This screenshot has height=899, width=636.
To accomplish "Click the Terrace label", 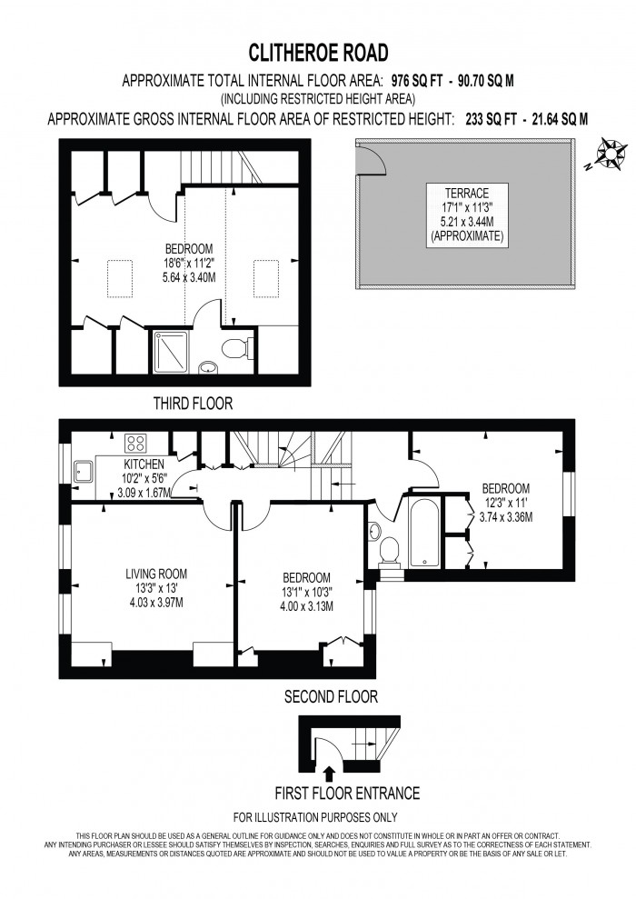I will tap(467, 193).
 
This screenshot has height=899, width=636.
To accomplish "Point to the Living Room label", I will tap(155, 574).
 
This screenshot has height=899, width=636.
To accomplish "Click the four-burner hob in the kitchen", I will tap(136, 444).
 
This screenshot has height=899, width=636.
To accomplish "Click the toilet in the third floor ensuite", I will tap(238, 348).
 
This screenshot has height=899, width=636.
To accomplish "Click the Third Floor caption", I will tap(193, 403).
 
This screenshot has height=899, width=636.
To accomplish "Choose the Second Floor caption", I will tap(331, 697).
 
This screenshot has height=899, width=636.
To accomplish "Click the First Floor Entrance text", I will tap(348, 794).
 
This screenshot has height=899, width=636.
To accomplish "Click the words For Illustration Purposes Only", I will tap(315, 817).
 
